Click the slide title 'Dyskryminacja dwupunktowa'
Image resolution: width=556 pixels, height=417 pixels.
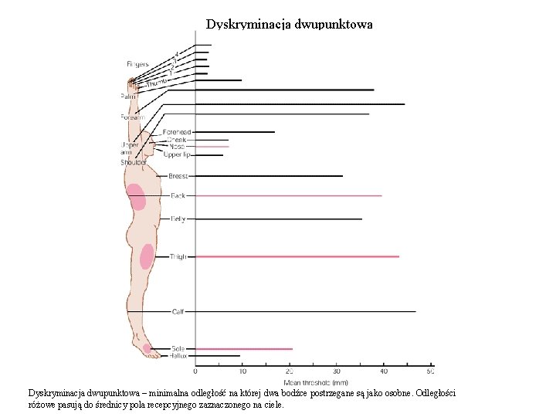click(x=290, y=24)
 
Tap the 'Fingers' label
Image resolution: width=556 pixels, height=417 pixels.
click(x=138, y=64)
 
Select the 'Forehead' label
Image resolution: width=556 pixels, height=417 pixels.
click(x=177, y=132)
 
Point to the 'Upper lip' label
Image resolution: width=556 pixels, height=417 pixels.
click(x=177, y=155)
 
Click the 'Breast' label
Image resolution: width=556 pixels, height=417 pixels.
click(x=178, y=176)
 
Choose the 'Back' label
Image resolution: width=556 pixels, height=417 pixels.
click(x=178, y=196)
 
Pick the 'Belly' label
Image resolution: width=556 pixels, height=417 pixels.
click(x=178, y=219)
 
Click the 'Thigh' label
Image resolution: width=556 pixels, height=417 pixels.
click(x=178, y=256)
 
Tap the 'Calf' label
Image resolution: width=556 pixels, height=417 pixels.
click(x=178, y=312)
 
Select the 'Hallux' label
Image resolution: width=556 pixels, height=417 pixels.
click(x=178, y=356)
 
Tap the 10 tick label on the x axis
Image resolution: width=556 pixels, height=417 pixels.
click(x=242, y=372)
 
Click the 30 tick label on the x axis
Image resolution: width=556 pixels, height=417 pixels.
click(x=337, y=372)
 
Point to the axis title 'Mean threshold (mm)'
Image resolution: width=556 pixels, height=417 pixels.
click(x=316, y=382)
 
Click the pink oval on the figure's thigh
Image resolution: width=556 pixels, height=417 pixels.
click(x=146, y=256)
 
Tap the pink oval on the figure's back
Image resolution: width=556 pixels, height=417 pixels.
click(x=136, y=197)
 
